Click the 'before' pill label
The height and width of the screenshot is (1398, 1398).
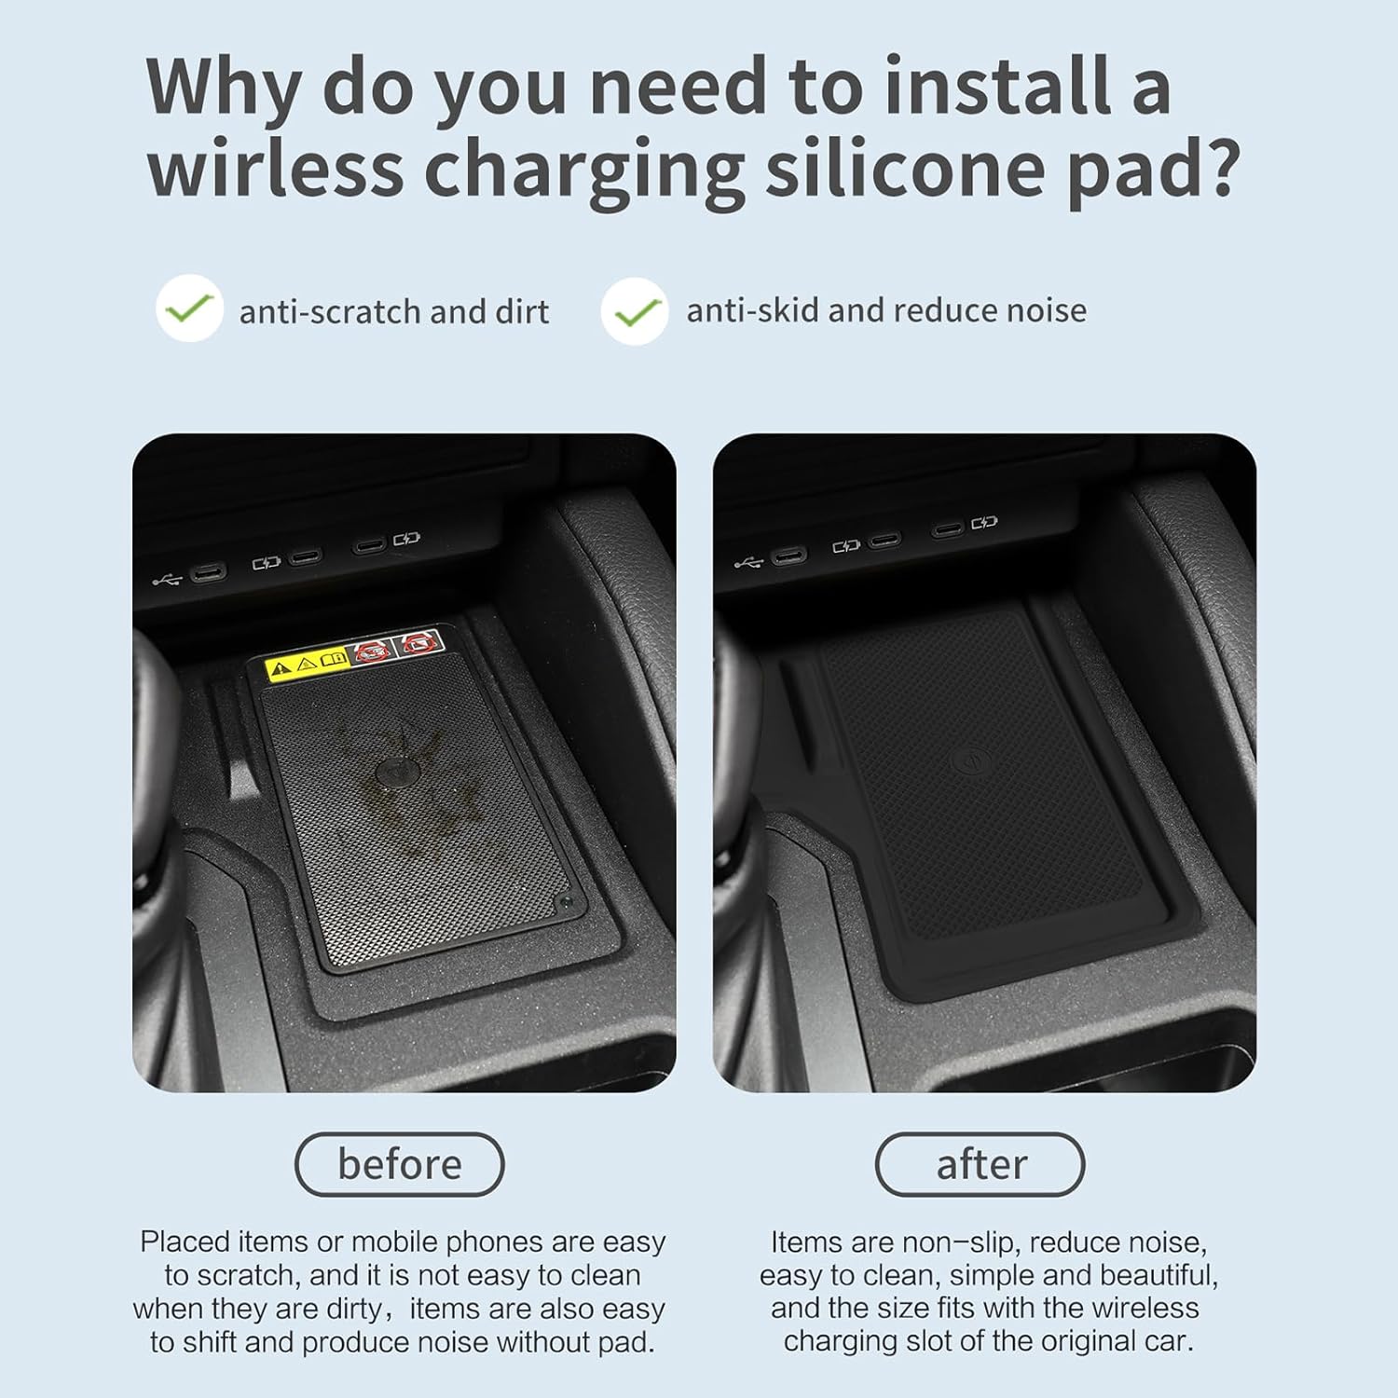(400, 1164)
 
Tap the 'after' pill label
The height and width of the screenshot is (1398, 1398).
(980, 1164)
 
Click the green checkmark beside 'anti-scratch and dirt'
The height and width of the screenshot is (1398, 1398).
(189, 308)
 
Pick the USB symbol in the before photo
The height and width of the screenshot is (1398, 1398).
(168, 581)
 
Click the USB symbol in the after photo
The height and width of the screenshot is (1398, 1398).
(749, 562)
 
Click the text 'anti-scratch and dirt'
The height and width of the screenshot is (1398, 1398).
(393, 311)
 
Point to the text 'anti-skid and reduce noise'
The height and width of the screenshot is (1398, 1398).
(886, 310)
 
